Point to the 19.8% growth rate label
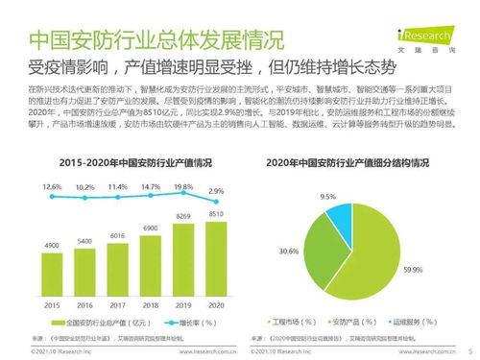point(184,187)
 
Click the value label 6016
point(116,235)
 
